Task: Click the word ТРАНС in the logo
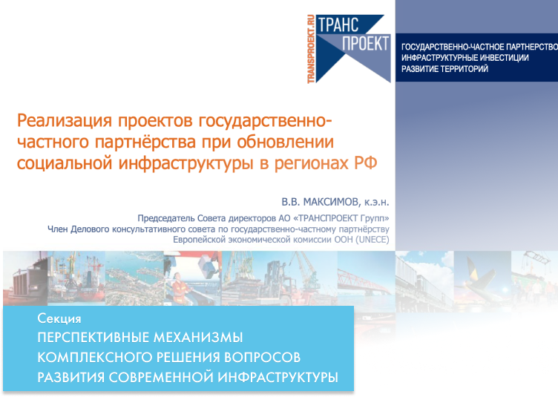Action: [x=338, y=25]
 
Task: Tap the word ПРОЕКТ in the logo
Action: [x=365, y=44]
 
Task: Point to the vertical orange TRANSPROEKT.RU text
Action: [x=311, y=49]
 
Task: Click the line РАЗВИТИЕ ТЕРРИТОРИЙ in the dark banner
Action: [x=444, y=69]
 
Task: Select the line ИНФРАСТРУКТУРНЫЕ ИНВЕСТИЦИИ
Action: [x=465, y=58]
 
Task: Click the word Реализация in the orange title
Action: [x=65, y=121]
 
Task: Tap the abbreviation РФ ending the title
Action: [x=366, y=163]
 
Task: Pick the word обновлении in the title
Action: [x=285, y=142]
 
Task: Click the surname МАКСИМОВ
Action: [x=331, y=202]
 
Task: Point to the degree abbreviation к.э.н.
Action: [x=376, y=203]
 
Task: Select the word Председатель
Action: [x=166, y=218]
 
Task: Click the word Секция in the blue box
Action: [x=59, y=318]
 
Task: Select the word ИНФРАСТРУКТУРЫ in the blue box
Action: [x=278, y=377]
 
